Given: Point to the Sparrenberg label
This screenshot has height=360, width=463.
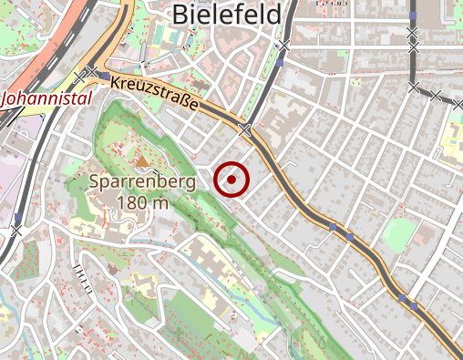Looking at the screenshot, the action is click(x=143, y=181).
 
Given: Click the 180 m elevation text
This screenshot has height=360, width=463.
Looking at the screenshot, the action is click(x=143, y=201).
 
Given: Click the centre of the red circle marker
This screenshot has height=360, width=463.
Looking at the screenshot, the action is click(x=232, y=180).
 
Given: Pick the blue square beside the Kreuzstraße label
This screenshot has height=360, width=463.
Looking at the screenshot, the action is click(x=105, y=76).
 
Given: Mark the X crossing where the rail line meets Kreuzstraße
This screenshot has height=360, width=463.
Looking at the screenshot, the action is click(x=244, y=129).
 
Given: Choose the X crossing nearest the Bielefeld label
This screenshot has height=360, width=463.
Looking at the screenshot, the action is click(x=286, y=46).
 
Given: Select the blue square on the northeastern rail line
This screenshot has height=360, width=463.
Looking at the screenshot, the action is click(x=413, y=16).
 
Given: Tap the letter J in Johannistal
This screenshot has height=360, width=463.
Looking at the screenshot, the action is click(x=8, y=97).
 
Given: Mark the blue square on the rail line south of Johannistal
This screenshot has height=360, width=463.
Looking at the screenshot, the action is click(x=18, y=216).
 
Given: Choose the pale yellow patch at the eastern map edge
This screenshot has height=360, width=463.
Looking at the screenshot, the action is click(x=452, y=137).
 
